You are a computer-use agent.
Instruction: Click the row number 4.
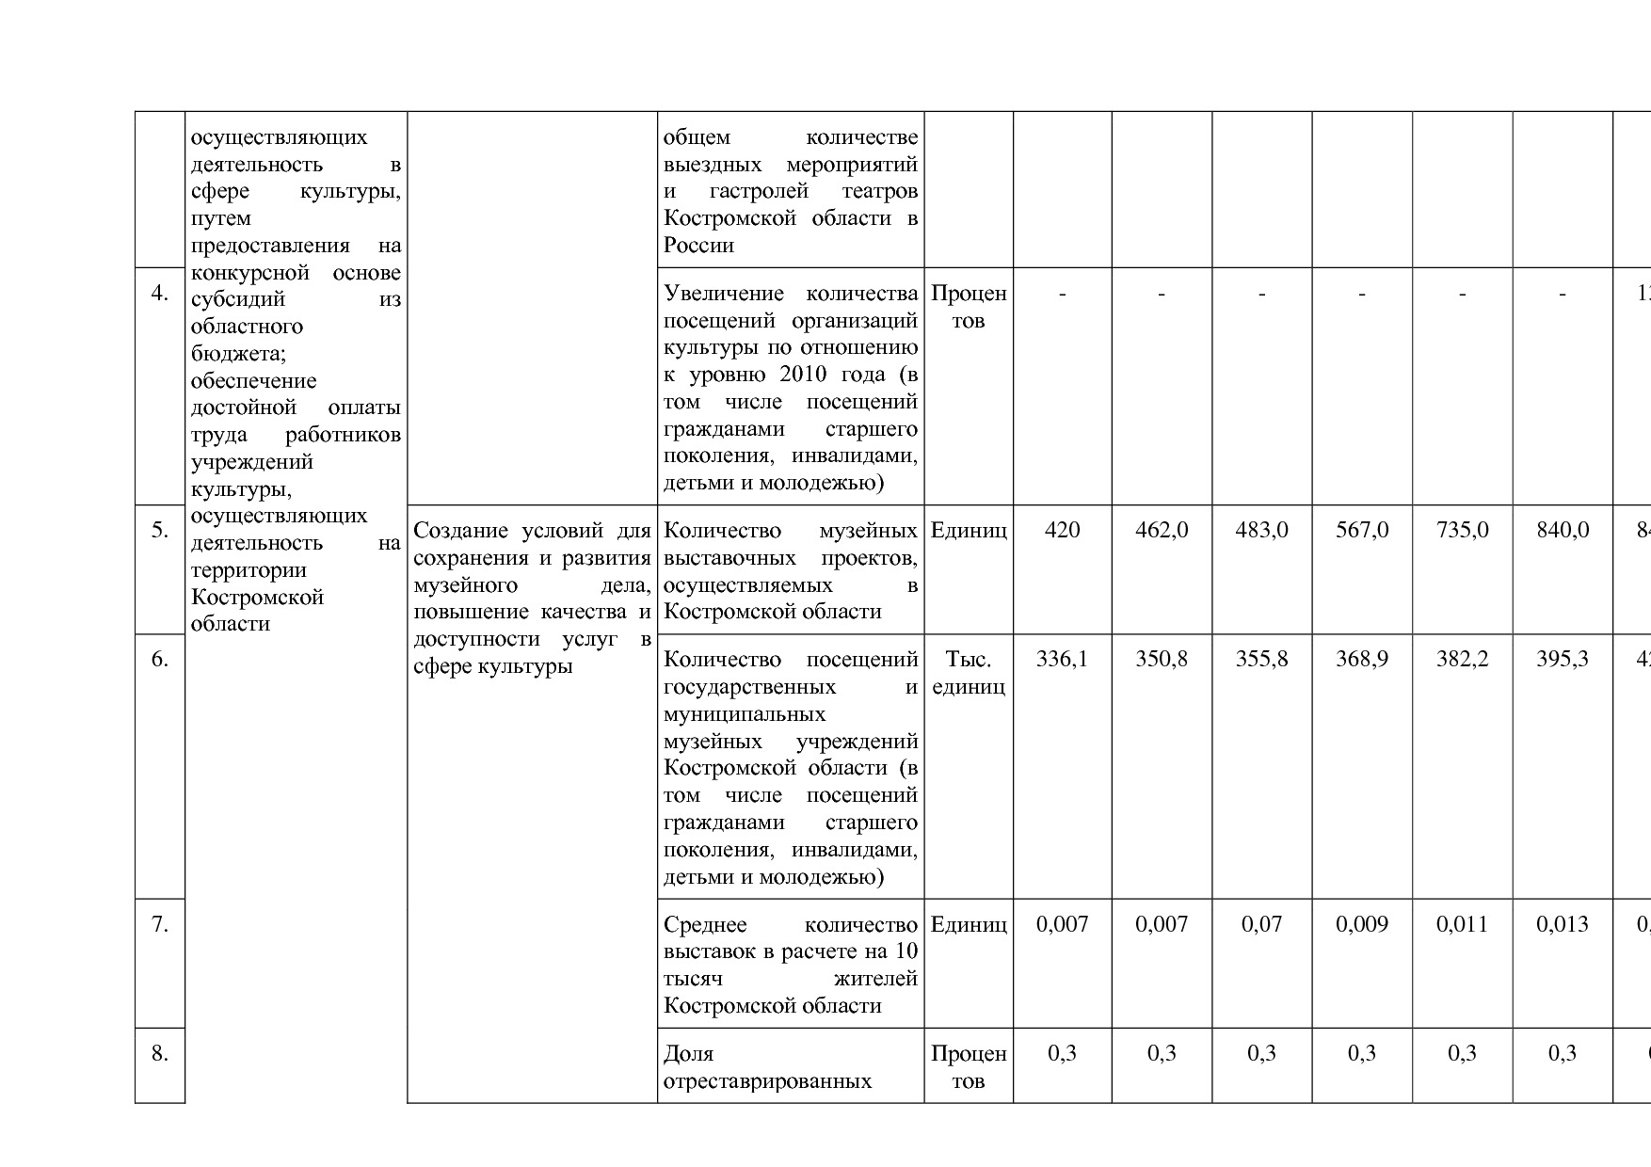coord(160,294)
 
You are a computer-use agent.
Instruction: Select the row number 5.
coord(160,531)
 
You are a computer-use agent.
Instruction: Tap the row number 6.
coord(160,660)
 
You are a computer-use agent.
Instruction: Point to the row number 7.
coord(160,925)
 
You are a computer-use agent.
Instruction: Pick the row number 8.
coord(160,1054)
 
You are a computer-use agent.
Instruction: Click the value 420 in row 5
coord(1062,531)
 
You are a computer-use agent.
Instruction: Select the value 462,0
coord(1162,531)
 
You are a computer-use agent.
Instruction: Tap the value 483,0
coord(1261,531)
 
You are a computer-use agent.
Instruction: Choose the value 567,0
coord(1362,531)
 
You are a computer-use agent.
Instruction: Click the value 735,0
coord(1462,531)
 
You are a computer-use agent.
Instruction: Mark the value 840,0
coord(1563,531)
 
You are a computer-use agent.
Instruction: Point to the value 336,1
coord(1062,660)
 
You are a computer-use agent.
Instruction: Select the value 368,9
coord(1362,660)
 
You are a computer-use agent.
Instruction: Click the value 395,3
coord(1563,660)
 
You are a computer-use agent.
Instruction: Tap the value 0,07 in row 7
coord(1261,925)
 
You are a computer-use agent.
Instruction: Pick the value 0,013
coord(1563,925)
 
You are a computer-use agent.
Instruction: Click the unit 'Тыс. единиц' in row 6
coord(969,673)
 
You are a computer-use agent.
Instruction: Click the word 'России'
coord(698,246)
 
